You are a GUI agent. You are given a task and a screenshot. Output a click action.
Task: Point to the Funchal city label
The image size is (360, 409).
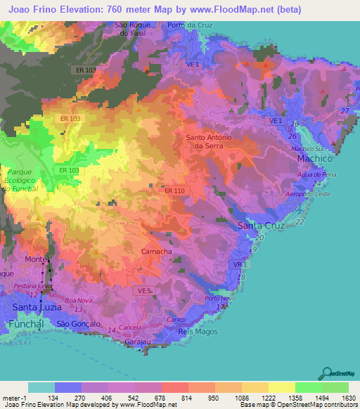(x=25, y=323)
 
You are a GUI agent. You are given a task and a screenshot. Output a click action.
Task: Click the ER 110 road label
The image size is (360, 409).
(x=174, y=191)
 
